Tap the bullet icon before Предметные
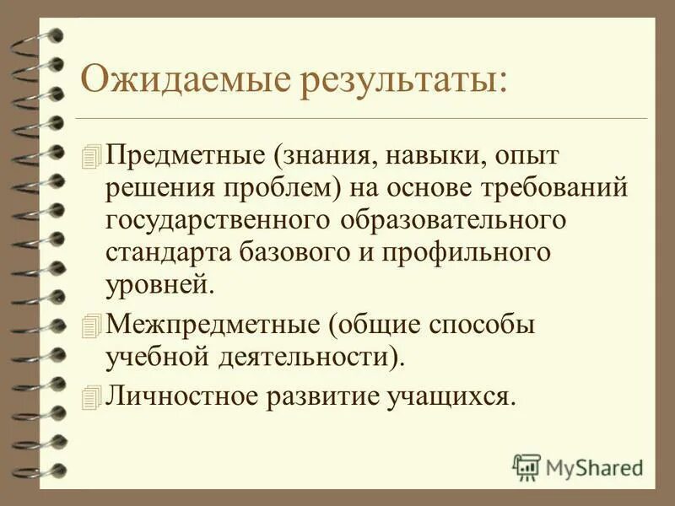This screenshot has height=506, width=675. coord(93,155)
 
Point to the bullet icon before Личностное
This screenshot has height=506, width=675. coord(93,396)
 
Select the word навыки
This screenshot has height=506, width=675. coord(412,155)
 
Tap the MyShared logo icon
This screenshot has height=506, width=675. coord(527,466)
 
